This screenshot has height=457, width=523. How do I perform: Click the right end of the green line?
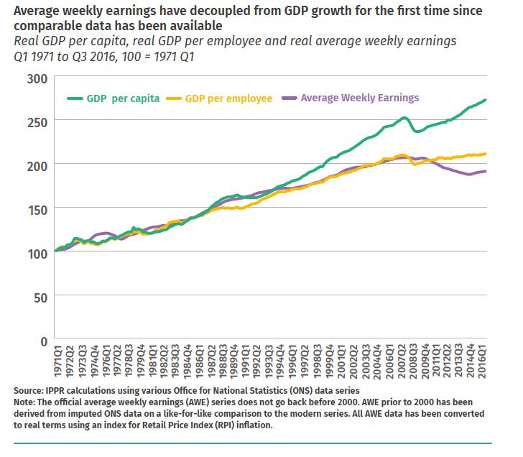(x=486, y=100)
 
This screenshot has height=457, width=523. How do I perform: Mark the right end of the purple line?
(x=486, y=171)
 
